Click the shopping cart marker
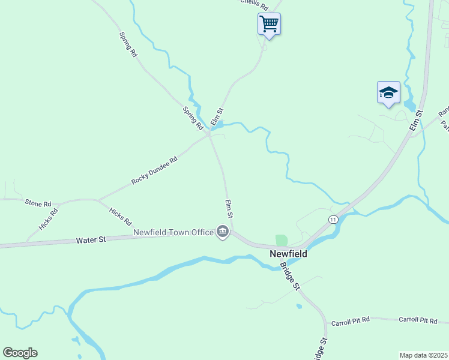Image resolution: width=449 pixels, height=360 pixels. pyautogui.click(x=270, y=24)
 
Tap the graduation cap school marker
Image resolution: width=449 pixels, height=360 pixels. pyautogui.click(x=388, y=92)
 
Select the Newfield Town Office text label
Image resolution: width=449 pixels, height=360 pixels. pyautogui.click(x=173, y=232)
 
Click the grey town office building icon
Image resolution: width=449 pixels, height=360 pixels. pyautogui.click(x=223, y=232)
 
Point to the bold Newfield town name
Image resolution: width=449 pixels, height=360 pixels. pyautogui.click(x=288, y=254)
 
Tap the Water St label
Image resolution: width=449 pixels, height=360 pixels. pyautogui.click(x=91, y=239)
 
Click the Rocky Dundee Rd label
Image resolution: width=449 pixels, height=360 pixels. pyautogui.click(x=155, y=171)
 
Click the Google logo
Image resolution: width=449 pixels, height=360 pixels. pyautogui.click(x=20, y=353)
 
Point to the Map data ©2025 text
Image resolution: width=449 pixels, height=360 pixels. pyautogui.click(x=424, y=355)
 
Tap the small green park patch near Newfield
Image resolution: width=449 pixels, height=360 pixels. pyautogui.click(x=282, y=240)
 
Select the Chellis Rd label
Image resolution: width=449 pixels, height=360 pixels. pyautogui.click(x=253, y=2)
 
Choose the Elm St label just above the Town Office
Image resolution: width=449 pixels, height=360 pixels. pyautogui.click(x=229, y=208)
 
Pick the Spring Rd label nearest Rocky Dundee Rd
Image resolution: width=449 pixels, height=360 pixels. pyautogui.click(x=193, y=119)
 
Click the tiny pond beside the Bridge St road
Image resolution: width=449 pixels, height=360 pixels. pyautogui.click(x=299, y=306)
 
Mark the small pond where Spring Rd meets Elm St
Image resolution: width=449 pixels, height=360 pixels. pyautogui.click(x=217, y=125)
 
